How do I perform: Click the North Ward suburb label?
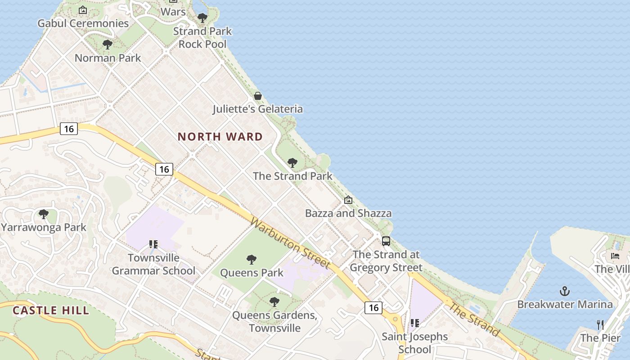(220, 137)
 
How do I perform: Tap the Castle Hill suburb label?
(50, 310)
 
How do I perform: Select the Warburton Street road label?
(290, 243)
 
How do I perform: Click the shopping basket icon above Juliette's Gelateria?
(258, 96)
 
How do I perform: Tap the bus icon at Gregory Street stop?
(386, 241)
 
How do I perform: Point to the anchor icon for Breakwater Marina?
(564, 291)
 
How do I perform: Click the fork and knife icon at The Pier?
(600, 324)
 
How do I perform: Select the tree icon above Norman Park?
(107, 45)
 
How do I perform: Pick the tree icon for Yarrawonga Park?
(43, 214)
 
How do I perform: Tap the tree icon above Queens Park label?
(252, 260)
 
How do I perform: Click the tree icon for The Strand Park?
(292, 163)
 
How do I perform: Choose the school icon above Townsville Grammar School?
(153, 244)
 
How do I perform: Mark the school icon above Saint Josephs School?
(414, 323)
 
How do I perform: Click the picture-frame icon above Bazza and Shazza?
(348, 200)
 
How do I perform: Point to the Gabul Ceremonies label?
(83, 23)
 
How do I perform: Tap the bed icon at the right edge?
(615, 256)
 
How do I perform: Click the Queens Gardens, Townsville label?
(274, 321)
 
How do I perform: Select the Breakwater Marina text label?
(565, 305)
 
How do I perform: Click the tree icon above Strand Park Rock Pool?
(202, 18)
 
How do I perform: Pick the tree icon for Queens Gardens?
(274, 302)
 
